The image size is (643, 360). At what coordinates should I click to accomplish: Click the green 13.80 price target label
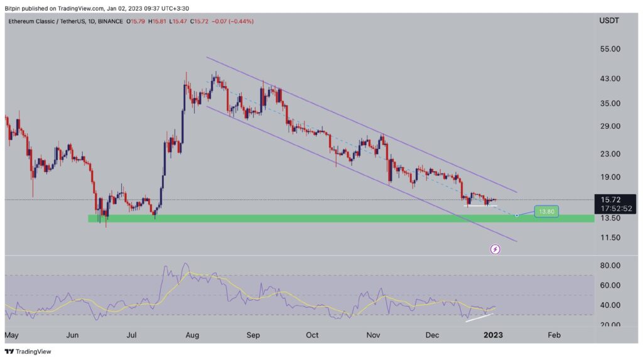point(546,212)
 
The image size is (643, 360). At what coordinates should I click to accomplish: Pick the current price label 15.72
point(607,200)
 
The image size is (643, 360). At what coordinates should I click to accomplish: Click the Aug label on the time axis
point(193,335)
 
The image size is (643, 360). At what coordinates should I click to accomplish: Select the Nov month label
point(372,335)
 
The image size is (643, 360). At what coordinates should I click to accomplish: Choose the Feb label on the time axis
point(554,335)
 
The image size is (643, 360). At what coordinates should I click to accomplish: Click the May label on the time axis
point(13,335)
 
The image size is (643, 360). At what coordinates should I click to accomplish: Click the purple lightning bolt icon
point(495,249)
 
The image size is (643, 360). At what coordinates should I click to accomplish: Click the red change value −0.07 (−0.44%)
point(217,21)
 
